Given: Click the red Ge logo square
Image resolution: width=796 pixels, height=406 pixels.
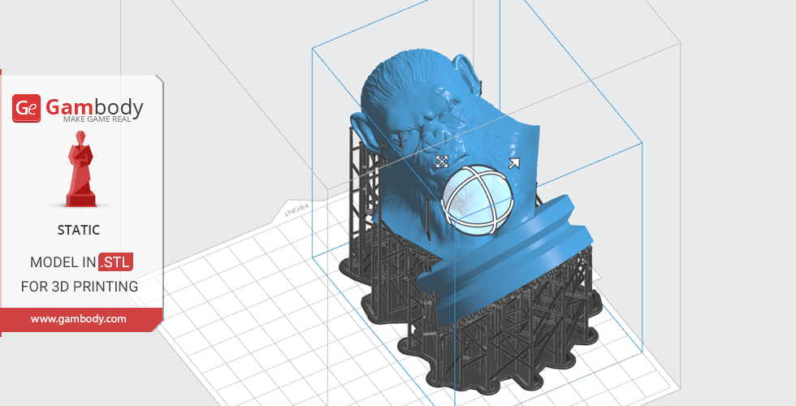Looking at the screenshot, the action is click(26, 108).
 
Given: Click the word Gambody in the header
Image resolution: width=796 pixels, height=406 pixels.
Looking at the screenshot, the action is click(94, 107).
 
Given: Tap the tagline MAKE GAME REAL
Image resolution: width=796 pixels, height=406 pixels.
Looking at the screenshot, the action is click(97, 119).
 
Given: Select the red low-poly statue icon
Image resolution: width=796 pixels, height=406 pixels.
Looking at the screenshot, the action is click(80, 169).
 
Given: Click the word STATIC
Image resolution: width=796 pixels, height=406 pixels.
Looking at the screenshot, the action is click(78, 230).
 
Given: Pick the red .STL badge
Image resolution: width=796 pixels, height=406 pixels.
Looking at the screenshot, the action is click(115, 261).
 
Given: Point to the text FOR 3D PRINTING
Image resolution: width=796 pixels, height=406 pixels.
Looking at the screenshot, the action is click(80, 286).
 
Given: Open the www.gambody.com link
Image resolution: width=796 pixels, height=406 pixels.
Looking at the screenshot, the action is click(78, 318).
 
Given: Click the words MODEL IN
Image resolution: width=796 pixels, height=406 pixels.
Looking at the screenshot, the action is click(63, 261).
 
